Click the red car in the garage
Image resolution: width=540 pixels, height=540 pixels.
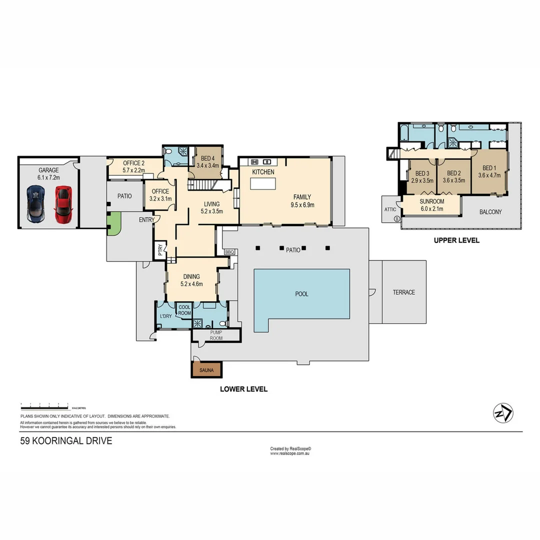pyautogui.click(x=63, y=205)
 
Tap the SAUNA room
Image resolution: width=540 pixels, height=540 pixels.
pyautogui.click(x=206, y=369)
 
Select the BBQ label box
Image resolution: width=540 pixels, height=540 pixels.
pyautogui.click(x=229, y=252)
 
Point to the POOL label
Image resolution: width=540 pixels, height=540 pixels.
pyautogui.click(x=301, y=294)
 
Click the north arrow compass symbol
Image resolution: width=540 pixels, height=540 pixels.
pyautogui.click(x=503, y=412)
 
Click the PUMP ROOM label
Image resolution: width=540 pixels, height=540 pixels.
pyautogui.click(x=216, y=335)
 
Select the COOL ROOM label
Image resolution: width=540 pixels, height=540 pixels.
pyautogui.click(x=185, y=310)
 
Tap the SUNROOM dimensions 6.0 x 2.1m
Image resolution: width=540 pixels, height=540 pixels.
pyautogui.click(x=431, y=208)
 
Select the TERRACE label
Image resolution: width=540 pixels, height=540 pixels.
pyautogui.click(x=403, y=292)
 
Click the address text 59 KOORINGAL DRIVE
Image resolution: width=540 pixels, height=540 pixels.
pyautogui.click(x=66, y=441)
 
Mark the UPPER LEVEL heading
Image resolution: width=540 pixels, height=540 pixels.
pyautogui.click(x=456, y=240)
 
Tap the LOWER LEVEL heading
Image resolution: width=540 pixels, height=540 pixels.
pyautogui.click(x=244, y=389)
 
